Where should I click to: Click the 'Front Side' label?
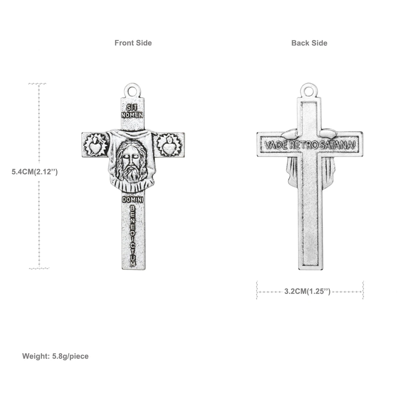[x=133, y=43]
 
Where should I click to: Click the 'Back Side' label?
[x=309, y=43]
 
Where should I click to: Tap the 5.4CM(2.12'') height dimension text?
[x=35, y=172]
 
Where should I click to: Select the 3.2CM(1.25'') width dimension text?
[x=307, y=291]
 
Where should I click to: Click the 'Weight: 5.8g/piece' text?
[x=55, y=356]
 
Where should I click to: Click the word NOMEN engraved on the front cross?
[x=132, y=115]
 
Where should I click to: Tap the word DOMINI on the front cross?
[x=132, y=200]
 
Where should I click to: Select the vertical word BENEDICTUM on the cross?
[x=133, y=237]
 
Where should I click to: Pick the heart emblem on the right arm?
[x=170, y=146]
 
